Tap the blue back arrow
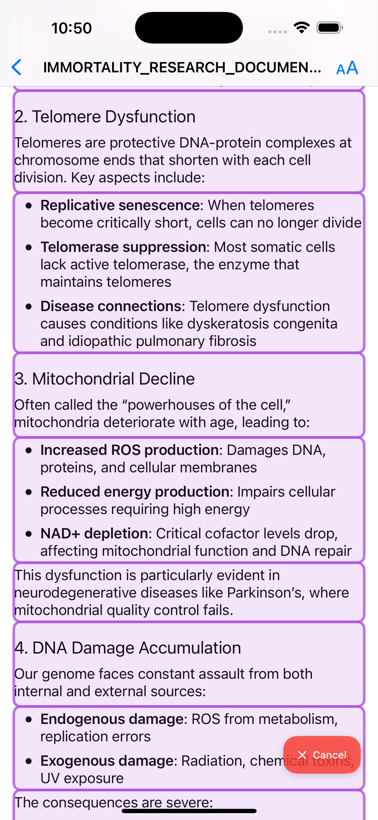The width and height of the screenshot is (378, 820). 17,67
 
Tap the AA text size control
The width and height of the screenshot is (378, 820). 347,68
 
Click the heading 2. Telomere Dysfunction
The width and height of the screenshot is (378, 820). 105,116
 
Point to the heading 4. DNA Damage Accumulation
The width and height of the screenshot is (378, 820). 127,648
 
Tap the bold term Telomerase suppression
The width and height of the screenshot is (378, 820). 123,247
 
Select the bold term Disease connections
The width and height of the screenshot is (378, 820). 111,306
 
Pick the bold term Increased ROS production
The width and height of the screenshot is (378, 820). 129,450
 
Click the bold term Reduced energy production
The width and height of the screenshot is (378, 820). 135,492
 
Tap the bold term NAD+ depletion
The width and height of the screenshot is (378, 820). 94,534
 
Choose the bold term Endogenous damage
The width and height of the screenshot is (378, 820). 112,719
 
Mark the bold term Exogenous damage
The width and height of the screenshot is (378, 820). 107,761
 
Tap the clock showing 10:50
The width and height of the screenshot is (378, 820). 71,28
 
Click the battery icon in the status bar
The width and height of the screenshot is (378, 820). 329,28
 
